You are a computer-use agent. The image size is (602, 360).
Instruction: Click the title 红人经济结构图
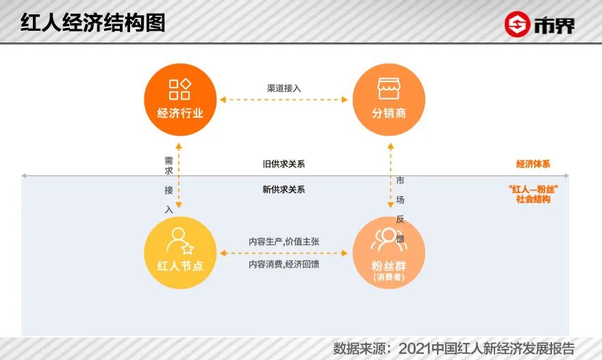point(92,23)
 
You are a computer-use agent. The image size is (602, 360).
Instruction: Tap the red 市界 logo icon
point(517,25)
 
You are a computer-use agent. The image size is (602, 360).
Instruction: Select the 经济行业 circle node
point(180,99)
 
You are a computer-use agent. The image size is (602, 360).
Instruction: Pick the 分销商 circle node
point(388,99)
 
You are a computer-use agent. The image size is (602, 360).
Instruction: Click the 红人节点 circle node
point(180,253)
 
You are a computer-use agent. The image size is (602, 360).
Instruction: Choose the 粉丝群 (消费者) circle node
point(388,253)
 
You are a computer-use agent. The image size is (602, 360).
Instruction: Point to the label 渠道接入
point(284,88)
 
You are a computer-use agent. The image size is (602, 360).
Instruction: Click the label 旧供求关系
point(284,164)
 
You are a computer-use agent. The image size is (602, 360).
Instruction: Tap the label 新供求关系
point(284,190)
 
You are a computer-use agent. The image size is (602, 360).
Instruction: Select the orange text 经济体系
point(533,164)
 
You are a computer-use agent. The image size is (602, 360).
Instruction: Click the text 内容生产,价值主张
point(284,242)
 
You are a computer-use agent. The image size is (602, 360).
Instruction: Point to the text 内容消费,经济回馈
point(284,264)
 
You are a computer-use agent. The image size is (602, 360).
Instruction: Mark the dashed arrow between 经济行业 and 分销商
point(284,100)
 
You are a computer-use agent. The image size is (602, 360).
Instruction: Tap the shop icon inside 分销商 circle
point(388,88)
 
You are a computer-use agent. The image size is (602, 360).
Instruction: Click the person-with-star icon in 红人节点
point(180,240)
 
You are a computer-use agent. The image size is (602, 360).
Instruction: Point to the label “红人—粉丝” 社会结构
point(533,194)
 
